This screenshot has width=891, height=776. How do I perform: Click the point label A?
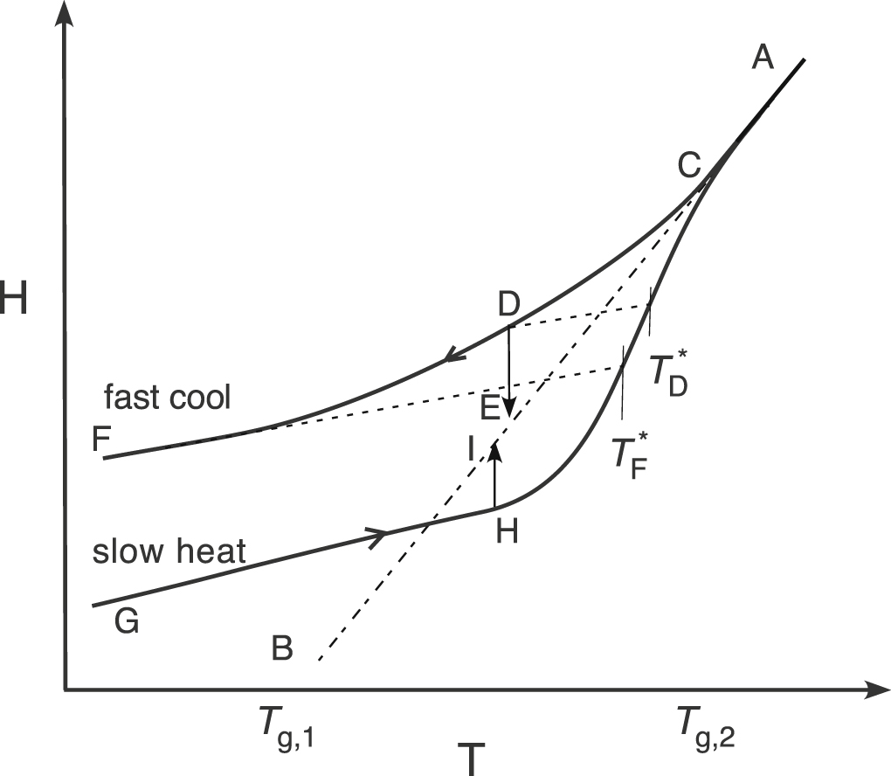(763, 59)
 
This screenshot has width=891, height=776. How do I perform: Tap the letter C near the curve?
(690, 163)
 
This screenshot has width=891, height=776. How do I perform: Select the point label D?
(509, 304)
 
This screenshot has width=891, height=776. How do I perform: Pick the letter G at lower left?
(126, 622)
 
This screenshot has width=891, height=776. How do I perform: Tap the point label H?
(507, 530)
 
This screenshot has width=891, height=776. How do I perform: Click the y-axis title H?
(13, 301)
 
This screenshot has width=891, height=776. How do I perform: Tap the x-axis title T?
(469, 758)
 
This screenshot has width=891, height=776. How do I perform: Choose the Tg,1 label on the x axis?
(287, 727)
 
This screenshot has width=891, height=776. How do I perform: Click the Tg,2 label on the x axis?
(707, 727)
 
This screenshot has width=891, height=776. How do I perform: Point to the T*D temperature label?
(668, 375)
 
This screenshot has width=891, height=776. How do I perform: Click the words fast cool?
(168, 398)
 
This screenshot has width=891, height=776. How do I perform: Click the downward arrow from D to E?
(509, 371)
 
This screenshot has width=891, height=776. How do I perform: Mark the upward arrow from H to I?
(494, 476)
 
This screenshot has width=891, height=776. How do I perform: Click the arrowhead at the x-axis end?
(870, 690)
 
